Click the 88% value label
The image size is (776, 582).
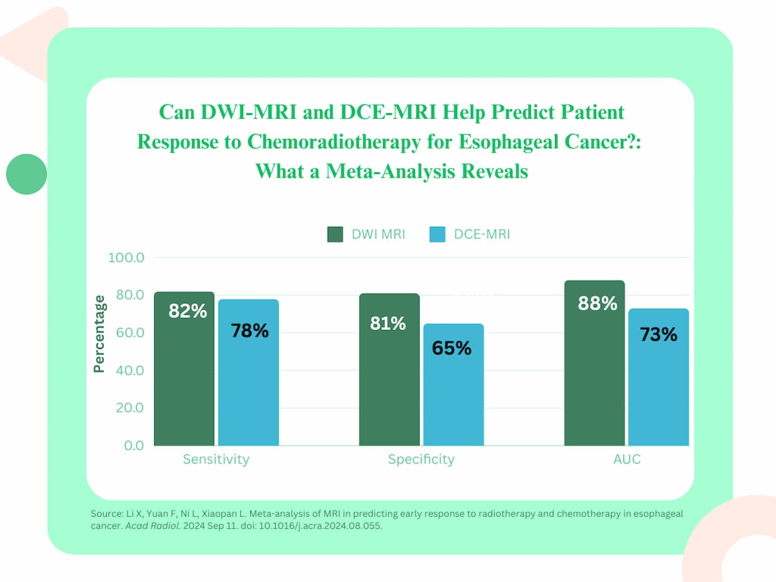tap(598, 303)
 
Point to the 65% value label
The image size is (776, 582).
tap(452, 348)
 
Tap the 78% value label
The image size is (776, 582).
tap(250, 330)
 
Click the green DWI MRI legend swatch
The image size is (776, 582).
tap(336, 234)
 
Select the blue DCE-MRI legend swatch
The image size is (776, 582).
tap(438, 234)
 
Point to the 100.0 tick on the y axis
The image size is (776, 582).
tap(127, 258)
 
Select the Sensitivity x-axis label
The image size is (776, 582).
tap(216, 460)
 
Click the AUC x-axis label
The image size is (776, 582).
tap(627, 460)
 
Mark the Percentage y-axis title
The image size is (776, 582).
tap(99, 334)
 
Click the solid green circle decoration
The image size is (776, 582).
tap(27, 174)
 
